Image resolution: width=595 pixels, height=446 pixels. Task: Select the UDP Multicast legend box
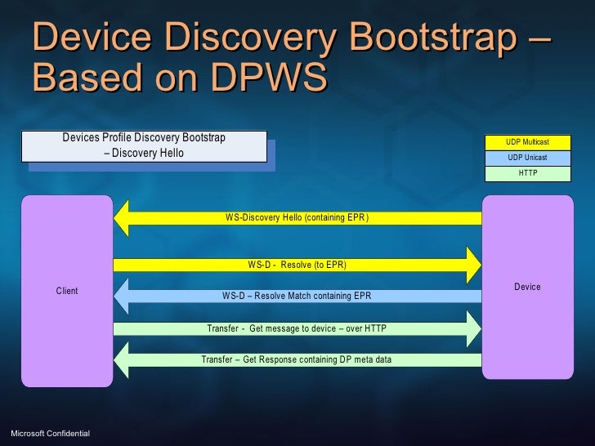click(527, 142)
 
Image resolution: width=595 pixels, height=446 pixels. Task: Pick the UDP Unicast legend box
click(527, 158)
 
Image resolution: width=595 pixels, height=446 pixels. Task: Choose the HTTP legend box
click(527, 173)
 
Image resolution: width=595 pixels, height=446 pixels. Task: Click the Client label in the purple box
click(67, 291)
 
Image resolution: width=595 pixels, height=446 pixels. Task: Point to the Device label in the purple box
click(527, 287)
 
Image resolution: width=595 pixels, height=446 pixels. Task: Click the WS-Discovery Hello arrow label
click(297, 218)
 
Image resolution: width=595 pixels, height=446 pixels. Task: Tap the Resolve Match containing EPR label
click(297, 296)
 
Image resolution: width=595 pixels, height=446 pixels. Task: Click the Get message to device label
click(297, 328)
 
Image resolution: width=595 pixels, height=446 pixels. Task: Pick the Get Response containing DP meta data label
click(297, 359)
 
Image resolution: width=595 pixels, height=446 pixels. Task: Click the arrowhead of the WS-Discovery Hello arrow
click(124, 218)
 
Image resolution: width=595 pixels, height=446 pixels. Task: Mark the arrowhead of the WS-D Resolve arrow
click(472, 265)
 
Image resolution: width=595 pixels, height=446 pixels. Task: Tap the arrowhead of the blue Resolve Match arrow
click(124, 296)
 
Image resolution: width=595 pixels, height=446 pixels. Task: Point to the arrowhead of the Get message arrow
click(472, 328)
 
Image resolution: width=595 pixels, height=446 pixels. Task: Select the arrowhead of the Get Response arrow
click(124, 359)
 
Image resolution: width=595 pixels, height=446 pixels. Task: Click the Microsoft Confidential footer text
click(50, 431)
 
